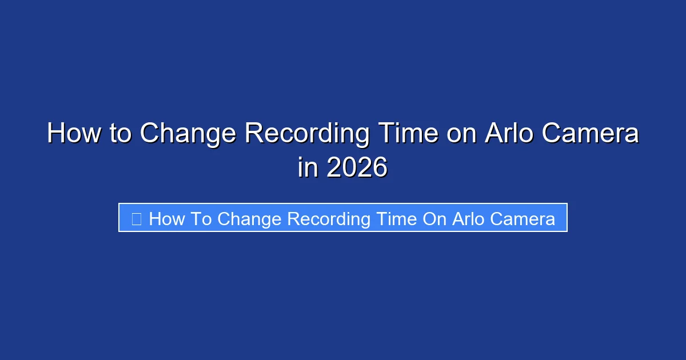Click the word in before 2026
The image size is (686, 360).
[x=308, y=168]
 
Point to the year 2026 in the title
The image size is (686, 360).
[x=357, y=168]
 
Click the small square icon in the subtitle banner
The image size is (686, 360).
[x=136, y=219]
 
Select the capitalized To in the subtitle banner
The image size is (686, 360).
[x=201, y=219]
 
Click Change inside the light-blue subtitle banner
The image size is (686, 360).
[x=249, y=219]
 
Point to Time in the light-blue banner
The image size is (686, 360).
[x=396, y=219]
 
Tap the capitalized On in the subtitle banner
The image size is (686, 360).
[x=434, y=219]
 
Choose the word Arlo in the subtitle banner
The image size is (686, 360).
[x=468, y=219]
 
